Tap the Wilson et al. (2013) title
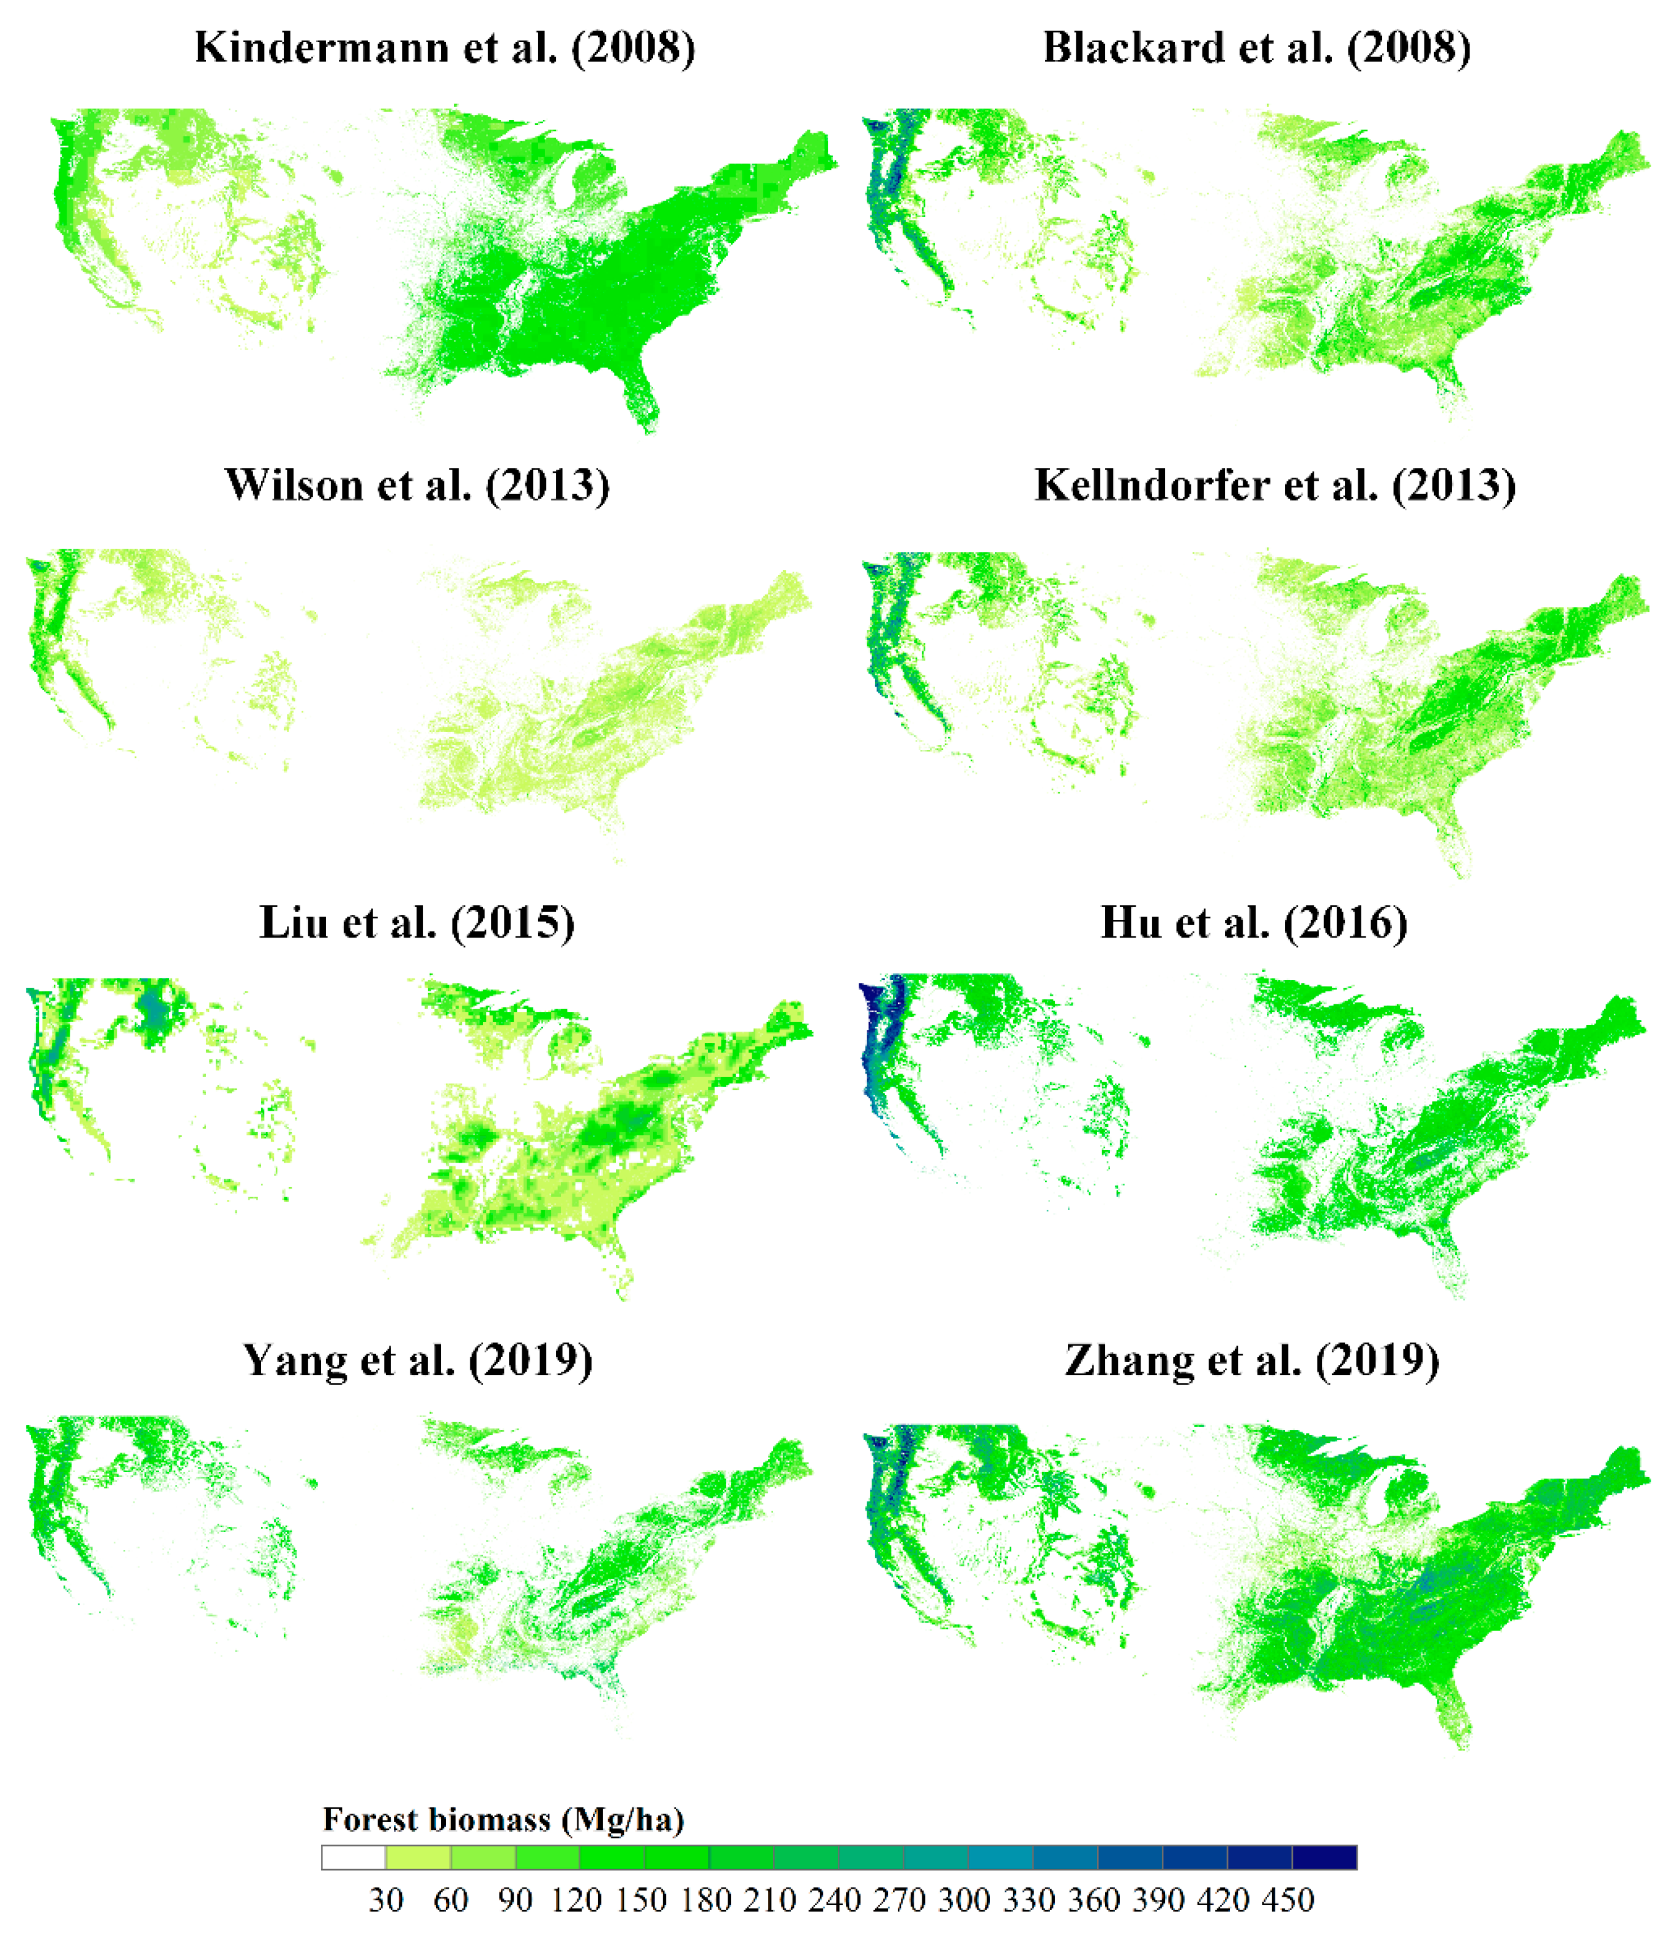tap(417, 485)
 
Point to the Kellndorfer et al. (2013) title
tap(1275, 485)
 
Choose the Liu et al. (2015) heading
tap(417, 923)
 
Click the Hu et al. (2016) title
tap(1254, 923)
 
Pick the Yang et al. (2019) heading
tap(417, 1360)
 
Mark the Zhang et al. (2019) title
tap(1252, 1360)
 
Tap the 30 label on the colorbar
tap(385, 1900)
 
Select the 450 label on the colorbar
tap(1289, 1900)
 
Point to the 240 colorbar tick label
tap(835, 1900)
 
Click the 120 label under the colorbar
tap(576, 1900)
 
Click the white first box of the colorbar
tap(353, 1857)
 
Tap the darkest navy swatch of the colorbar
tap(1324, 1857)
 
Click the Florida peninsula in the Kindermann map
tap(642, 398)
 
